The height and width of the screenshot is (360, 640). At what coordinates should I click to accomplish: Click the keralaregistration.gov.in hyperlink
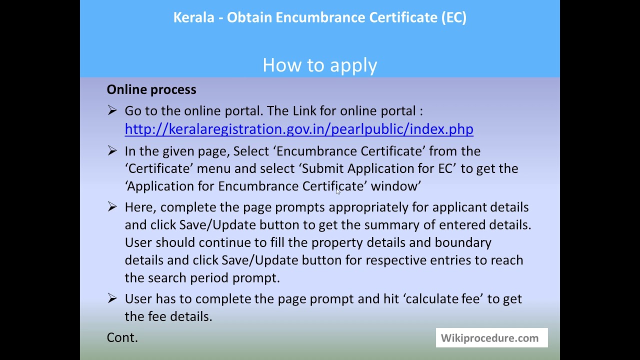tap(299, 129)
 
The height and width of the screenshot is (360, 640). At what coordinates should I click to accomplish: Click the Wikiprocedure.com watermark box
tap(491, 338)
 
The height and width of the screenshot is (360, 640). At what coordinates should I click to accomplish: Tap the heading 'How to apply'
tap(320, 65)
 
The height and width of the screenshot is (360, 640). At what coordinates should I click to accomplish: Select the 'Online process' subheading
tap(151, 89)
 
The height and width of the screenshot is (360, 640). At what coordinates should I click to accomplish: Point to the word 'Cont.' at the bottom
tap(122, 337)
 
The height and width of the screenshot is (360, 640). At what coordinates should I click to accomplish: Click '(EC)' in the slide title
tap(453, 17)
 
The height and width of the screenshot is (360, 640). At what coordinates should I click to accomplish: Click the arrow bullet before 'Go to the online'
tap(112, 110)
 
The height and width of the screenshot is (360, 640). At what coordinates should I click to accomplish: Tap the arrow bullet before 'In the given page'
tap(112, 150)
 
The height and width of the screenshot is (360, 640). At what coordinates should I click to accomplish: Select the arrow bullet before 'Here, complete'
tap(112, 206)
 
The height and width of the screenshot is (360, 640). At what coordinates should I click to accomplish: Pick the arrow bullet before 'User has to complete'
tap(112, 298)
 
